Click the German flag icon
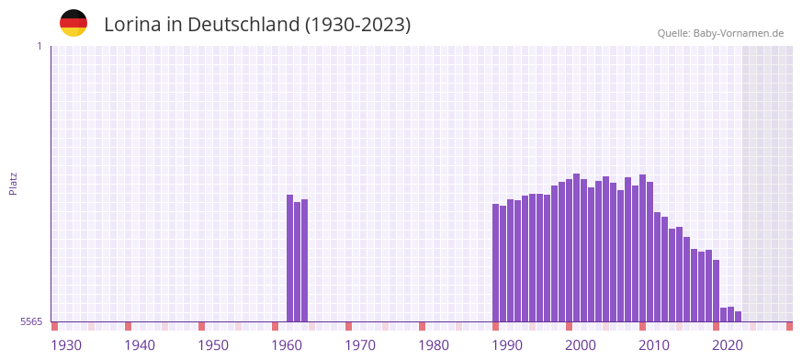tap(73, 23)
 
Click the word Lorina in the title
tap(132, 25)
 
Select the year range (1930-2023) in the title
tap(357, 25)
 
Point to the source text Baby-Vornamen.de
tap(738, 33)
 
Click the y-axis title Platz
tap(14, 183)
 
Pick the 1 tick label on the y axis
tap(39, 46)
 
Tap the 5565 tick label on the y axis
tap(30, 321)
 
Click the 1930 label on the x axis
tap(66, 345)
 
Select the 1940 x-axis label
tap(140, 345)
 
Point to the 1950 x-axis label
tap(213, 345)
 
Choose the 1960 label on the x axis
tap(287, 345)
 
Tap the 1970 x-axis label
tap(360, 345)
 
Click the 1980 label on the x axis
tap(434, 345)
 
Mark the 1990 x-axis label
tap(507, 345)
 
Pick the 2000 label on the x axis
tap(581, 345)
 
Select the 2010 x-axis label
tap(654, 345)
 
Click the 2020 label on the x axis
tap(728, 345)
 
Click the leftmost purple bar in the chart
tap(290, 257)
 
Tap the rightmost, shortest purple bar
tap(738, 316)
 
